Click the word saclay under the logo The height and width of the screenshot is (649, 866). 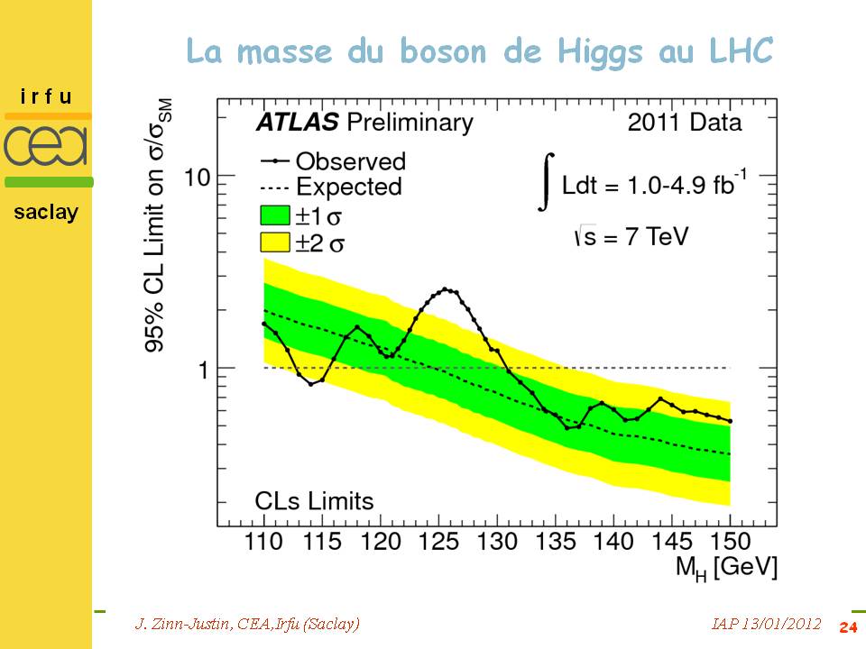pyautogui.click(x=46, y=213)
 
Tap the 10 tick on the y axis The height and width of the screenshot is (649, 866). pyautogui.click(x=197, y=176)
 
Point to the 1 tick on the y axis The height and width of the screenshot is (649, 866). pyautogui.click(x=204, y=369)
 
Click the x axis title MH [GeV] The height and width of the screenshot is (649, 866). pyautogui.click(x=727, y=567)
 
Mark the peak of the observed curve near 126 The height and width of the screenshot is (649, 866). pyautogui.click(x=446, y=289)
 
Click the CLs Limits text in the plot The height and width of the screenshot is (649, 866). pyautogui.click(x=313, y=500)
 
